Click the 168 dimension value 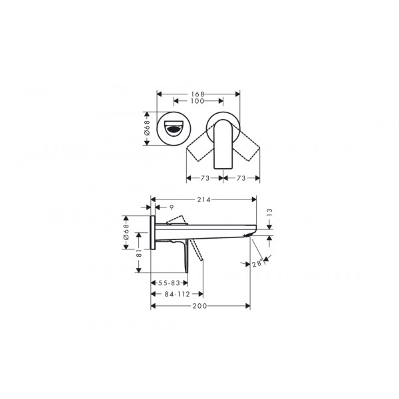(x=198, y=94)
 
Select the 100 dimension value (x=198, y=101)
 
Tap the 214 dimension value (x=204, y=199)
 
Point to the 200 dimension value (x=199, y=306)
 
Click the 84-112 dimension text (x=178, y=294)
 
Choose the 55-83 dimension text (x=169, y=283)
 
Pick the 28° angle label (x=257, y=263)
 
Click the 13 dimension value (x=270, y=213)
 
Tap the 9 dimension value (x=172, y=207)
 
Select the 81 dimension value (x=139, y=253)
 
